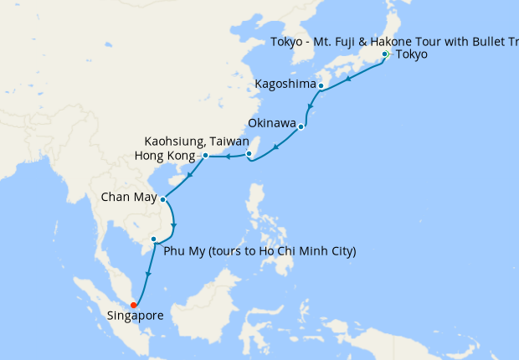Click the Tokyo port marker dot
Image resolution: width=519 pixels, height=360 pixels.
tap(384, 54)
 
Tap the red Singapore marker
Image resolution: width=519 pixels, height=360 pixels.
tap(133, 306)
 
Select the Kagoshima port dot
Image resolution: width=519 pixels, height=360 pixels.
tap(321, 85)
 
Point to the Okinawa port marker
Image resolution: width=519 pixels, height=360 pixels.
tap(301, 127)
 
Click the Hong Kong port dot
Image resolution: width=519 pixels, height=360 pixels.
tap(205, 156)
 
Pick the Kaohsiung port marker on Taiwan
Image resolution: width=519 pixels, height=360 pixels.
tap(249, 153)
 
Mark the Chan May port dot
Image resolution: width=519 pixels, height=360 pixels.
tap(162, 200)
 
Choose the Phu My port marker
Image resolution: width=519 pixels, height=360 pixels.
tap(153, 239)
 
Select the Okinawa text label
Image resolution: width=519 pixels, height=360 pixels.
tap(272, 124)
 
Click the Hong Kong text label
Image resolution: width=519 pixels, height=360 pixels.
tap(167, 156)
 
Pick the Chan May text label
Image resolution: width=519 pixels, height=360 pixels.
tap(127, 199)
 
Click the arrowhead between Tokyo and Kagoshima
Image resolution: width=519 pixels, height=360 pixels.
tap(348, 78)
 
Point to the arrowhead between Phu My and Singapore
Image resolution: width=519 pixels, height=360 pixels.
tap(147, 275)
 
